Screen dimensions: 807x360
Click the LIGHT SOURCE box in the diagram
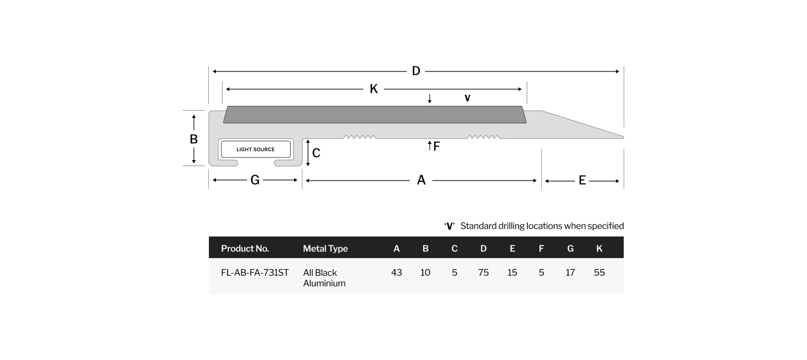256,149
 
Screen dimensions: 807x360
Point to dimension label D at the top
416,71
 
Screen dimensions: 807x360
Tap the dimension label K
374,89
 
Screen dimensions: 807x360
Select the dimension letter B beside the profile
193,139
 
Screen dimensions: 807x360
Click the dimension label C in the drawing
316,153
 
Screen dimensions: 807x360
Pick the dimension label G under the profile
255,180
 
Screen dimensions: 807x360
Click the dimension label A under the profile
421,180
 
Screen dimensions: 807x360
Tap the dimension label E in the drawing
582,180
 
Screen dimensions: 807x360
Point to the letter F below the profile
436,146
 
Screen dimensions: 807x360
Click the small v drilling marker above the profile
467,98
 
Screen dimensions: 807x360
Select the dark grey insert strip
374,115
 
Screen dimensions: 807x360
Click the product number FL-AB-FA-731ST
255,272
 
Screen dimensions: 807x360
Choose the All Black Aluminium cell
324,278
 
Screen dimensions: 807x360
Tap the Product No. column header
245,248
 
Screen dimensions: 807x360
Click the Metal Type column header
325,249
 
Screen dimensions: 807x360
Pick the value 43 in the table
396,272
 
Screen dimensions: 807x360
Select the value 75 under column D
484,272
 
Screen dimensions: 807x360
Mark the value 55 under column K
599,272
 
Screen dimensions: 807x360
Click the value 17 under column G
570,272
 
